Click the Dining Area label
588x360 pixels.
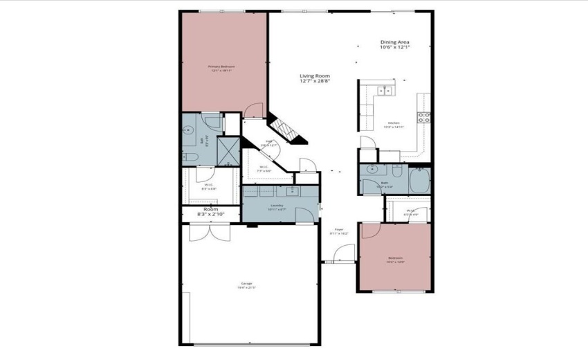point(395,45)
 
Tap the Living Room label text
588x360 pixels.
point(315,78)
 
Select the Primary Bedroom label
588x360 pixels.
point(222,69)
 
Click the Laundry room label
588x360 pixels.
point(277,206)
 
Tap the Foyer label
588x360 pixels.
point(339,231)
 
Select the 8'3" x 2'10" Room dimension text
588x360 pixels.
point(210,215)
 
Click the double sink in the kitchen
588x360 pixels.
point(384,90)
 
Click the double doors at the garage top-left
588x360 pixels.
point(208,231)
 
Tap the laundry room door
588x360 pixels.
point(304,214)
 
